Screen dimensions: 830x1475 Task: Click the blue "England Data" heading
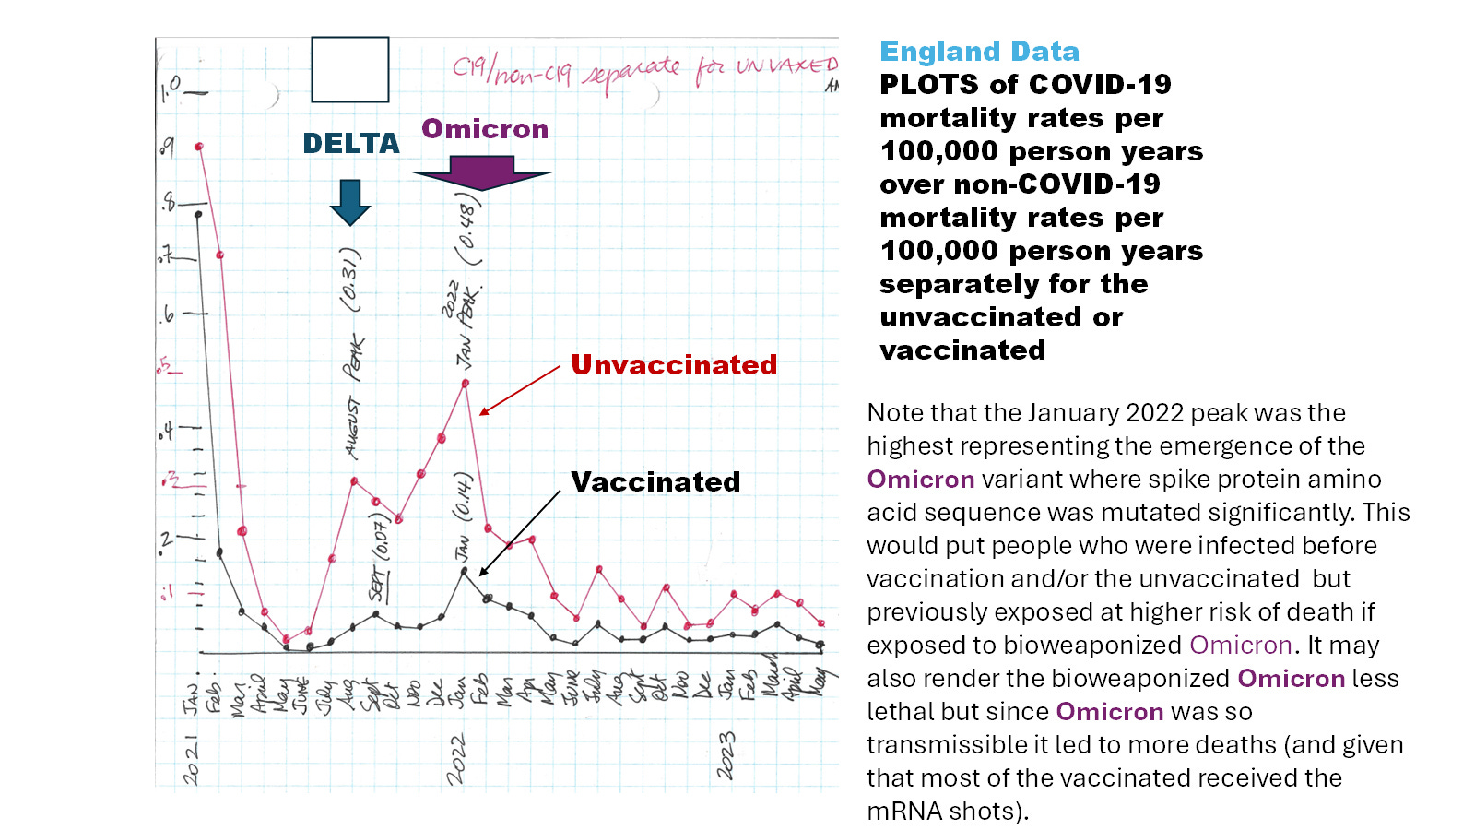[979, 52]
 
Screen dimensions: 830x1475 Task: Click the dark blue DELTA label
[351, 144]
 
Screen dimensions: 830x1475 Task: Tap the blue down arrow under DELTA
[350, 202]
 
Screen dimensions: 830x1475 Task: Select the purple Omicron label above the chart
[485, 129]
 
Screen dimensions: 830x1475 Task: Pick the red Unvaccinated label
[674, 365]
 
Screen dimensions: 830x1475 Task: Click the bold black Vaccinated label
[655, 482]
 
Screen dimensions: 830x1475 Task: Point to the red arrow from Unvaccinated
[519, 390]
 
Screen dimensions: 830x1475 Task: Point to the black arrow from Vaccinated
[519, 533]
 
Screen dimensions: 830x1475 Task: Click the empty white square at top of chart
[350, 69]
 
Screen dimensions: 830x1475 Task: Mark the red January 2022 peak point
[466, 384]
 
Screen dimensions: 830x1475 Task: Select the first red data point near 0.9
[199, 147]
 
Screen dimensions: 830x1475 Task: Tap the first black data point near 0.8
[198, 215]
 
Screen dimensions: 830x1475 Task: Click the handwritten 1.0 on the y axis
[171, 89]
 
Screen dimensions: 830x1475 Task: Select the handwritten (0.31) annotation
[350, 279]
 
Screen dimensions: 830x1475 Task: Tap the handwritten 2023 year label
[726, 755]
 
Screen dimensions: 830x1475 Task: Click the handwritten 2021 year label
[190, 760]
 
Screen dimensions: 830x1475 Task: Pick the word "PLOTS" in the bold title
[929, 85]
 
